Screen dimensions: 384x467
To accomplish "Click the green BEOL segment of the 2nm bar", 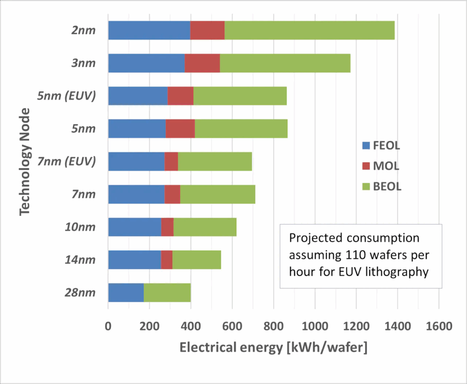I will tap(309, 30).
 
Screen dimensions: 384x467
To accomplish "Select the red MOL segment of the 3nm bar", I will tap(202, 63).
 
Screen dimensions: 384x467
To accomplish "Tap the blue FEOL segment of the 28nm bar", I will tap(126, 292).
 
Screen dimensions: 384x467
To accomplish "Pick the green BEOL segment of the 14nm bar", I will tap(197, 259).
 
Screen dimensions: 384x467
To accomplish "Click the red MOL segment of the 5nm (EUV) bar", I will tap(180, 96).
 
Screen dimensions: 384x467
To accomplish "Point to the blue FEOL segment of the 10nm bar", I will tap(135, 227).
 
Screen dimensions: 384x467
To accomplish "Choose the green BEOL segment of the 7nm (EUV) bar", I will tap(215, 161).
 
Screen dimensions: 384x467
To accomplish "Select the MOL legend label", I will tap(387, 166).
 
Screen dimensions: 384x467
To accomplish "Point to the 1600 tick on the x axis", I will tap(438, 327).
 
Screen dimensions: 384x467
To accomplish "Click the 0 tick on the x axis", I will tap(108, 327).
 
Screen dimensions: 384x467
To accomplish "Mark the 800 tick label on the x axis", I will tap(273, 327).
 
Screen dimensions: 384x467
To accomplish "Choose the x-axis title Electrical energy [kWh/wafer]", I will tap(273, 348).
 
